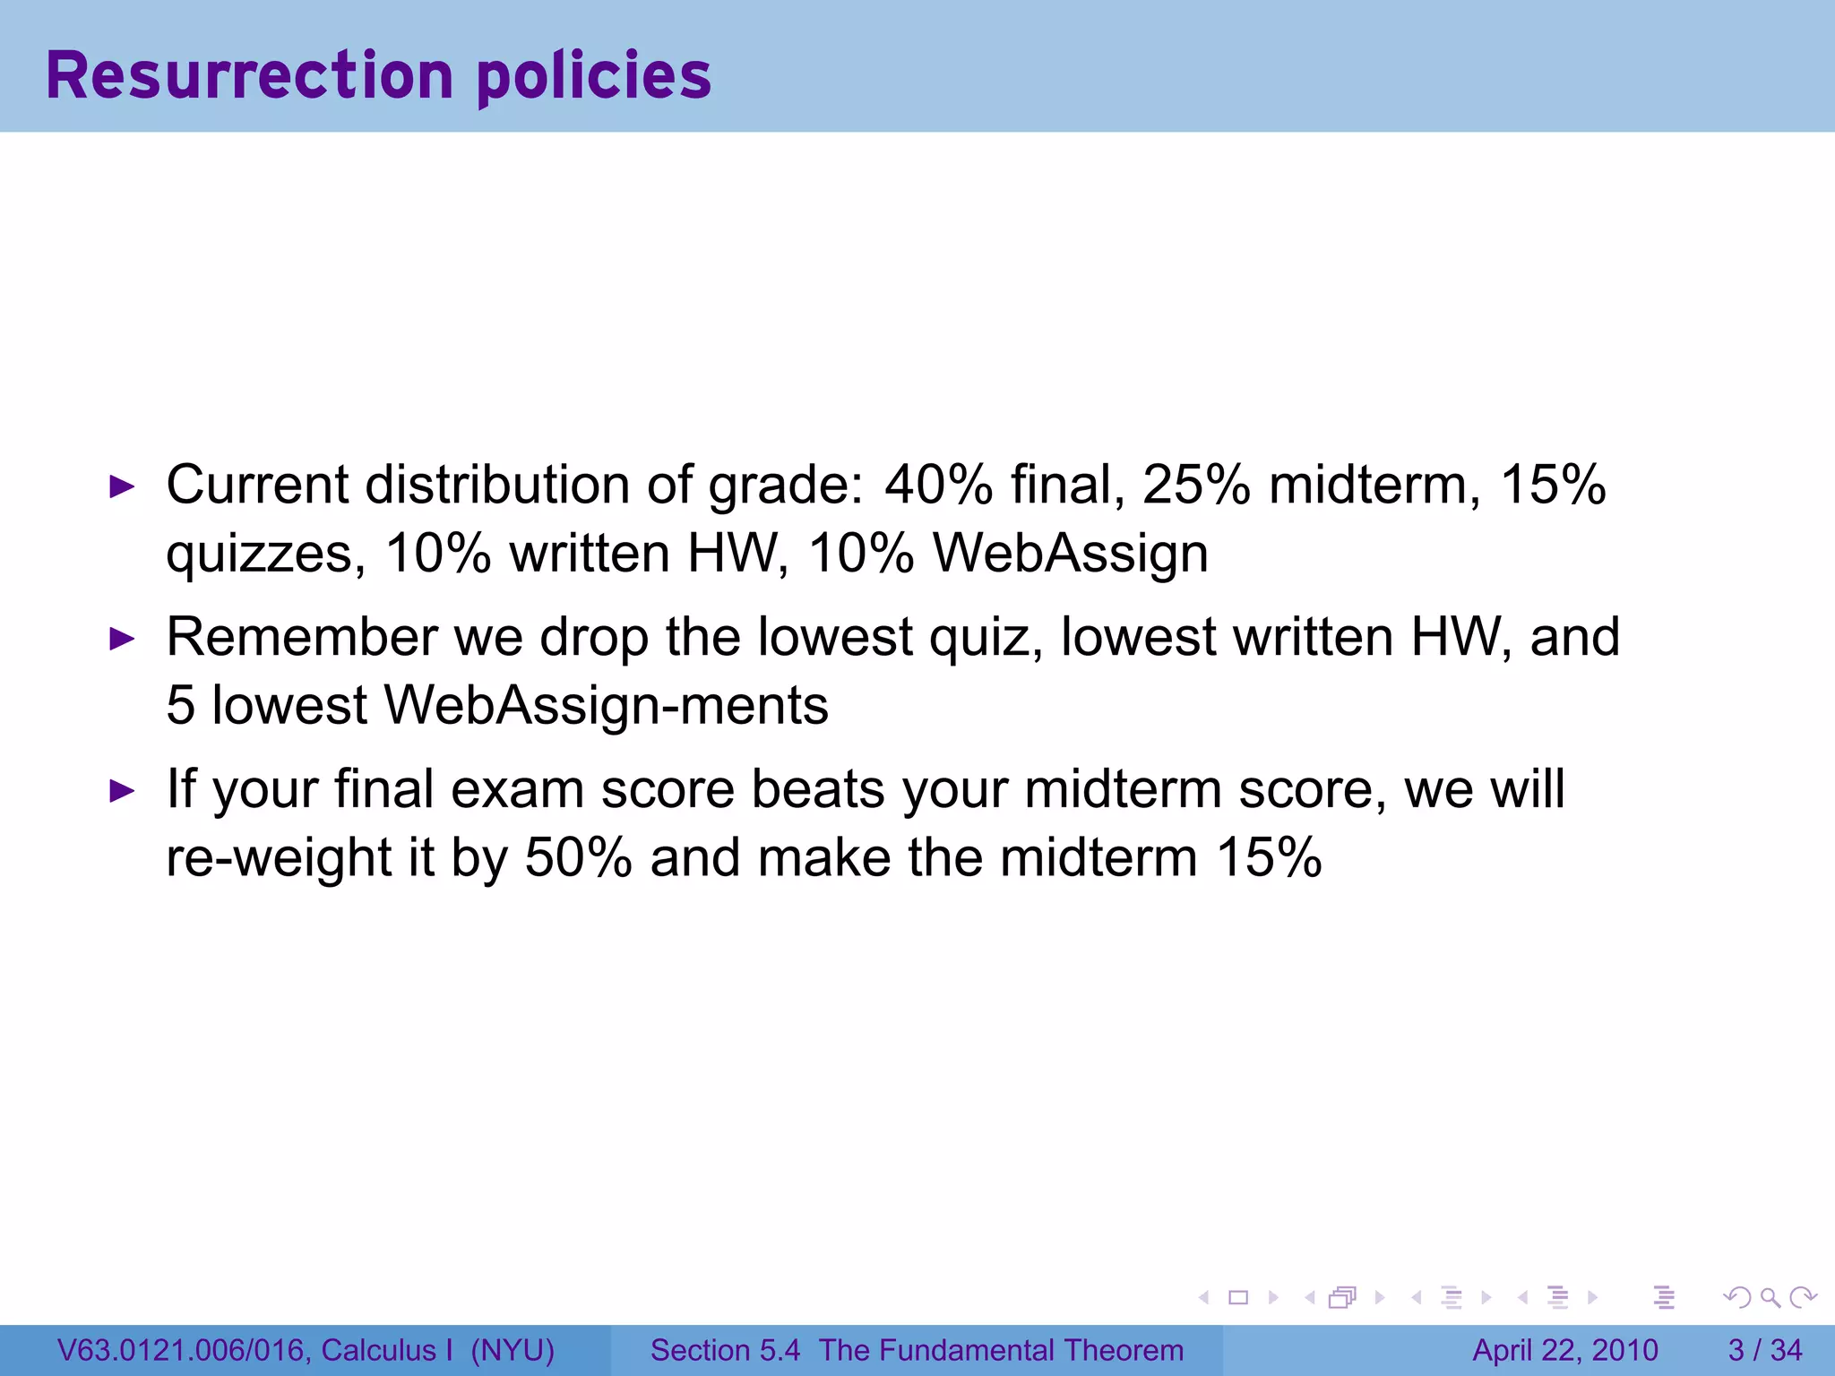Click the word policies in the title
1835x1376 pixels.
coord(594,77)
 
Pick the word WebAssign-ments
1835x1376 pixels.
coord(607,705)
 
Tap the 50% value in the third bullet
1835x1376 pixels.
coord(579,857)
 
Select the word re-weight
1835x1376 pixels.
coord(279,859)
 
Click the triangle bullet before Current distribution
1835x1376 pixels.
coord(122,487)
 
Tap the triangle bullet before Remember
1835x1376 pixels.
coord(122,640)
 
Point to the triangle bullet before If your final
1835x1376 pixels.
coord(122,792)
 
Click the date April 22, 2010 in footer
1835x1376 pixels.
coord(1565,1350)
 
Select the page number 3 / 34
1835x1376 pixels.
coord(1764,1350)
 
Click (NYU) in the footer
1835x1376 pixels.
coord(513,1350)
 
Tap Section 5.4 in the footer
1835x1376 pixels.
coord(725,1350)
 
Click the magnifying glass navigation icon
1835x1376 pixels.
coord(1770,1297)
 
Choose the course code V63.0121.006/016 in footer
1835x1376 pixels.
coord(185,1350)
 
